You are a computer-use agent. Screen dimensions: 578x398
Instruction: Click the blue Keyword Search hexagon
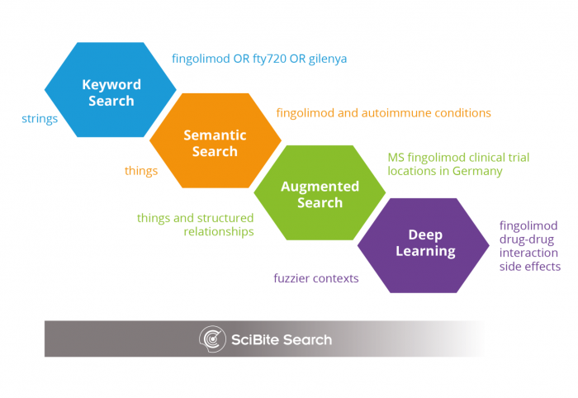coord(110,89)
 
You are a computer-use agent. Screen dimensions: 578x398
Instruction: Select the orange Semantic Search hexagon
coord(216,140)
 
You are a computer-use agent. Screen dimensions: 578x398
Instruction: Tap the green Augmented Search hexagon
coord(320,192)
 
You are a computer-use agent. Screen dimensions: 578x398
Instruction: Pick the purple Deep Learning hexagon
coord(424,245)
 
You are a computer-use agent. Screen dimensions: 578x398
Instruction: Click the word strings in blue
coord(40,119)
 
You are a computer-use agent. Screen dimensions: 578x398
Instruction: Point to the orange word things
coord(141,171)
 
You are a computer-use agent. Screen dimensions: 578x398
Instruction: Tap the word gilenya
coord(328,59)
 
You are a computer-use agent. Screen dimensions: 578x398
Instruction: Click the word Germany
coord(477,171)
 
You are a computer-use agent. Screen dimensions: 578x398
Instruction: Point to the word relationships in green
coord(219,231)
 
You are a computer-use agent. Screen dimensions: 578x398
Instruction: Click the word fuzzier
coord(290,278)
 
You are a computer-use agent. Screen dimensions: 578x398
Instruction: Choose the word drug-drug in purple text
coord(527,239)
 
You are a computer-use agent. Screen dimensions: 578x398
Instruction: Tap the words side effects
coord(530,267)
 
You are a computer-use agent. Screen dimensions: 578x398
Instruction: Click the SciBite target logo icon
coord(212,339)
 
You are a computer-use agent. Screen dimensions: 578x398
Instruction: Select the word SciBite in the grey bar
coord(255,339)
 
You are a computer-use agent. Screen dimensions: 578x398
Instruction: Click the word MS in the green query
coord(396,158)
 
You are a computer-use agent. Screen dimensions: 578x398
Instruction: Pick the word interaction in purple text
coord(528,253)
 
